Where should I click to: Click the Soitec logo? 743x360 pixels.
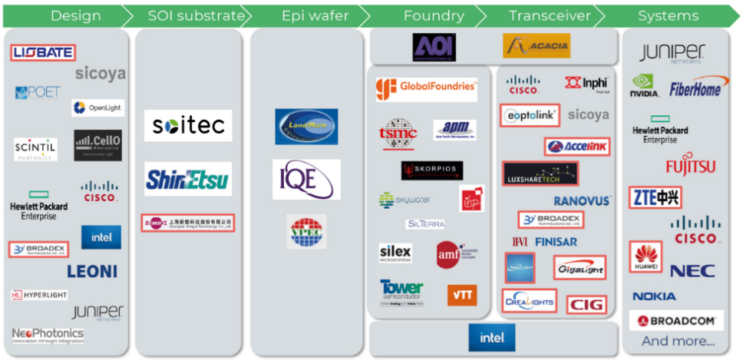[188, 125]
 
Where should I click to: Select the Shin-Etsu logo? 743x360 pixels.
[188, 179]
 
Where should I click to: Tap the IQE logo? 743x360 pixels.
[306, 179]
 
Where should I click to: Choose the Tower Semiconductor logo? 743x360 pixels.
[401, 292]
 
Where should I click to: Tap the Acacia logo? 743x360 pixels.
[537, 46]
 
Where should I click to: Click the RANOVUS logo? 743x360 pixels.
[582, 201]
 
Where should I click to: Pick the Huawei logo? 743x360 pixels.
[646, 257]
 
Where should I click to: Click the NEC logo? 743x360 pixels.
[692, 270]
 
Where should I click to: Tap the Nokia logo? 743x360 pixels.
[654, 296]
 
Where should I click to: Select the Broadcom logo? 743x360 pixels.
[677, 321]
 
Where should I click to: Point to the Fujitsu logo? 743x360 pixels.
[690, 167]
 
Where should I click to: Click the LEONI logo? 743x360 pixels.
[92, 271]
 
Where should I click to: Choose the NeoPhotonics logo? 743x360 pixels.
[48, 335]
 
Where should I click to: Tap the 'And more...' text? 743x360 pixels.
[678, 341]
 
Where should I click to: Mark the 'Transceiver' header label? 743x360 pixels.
[550, 15]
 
